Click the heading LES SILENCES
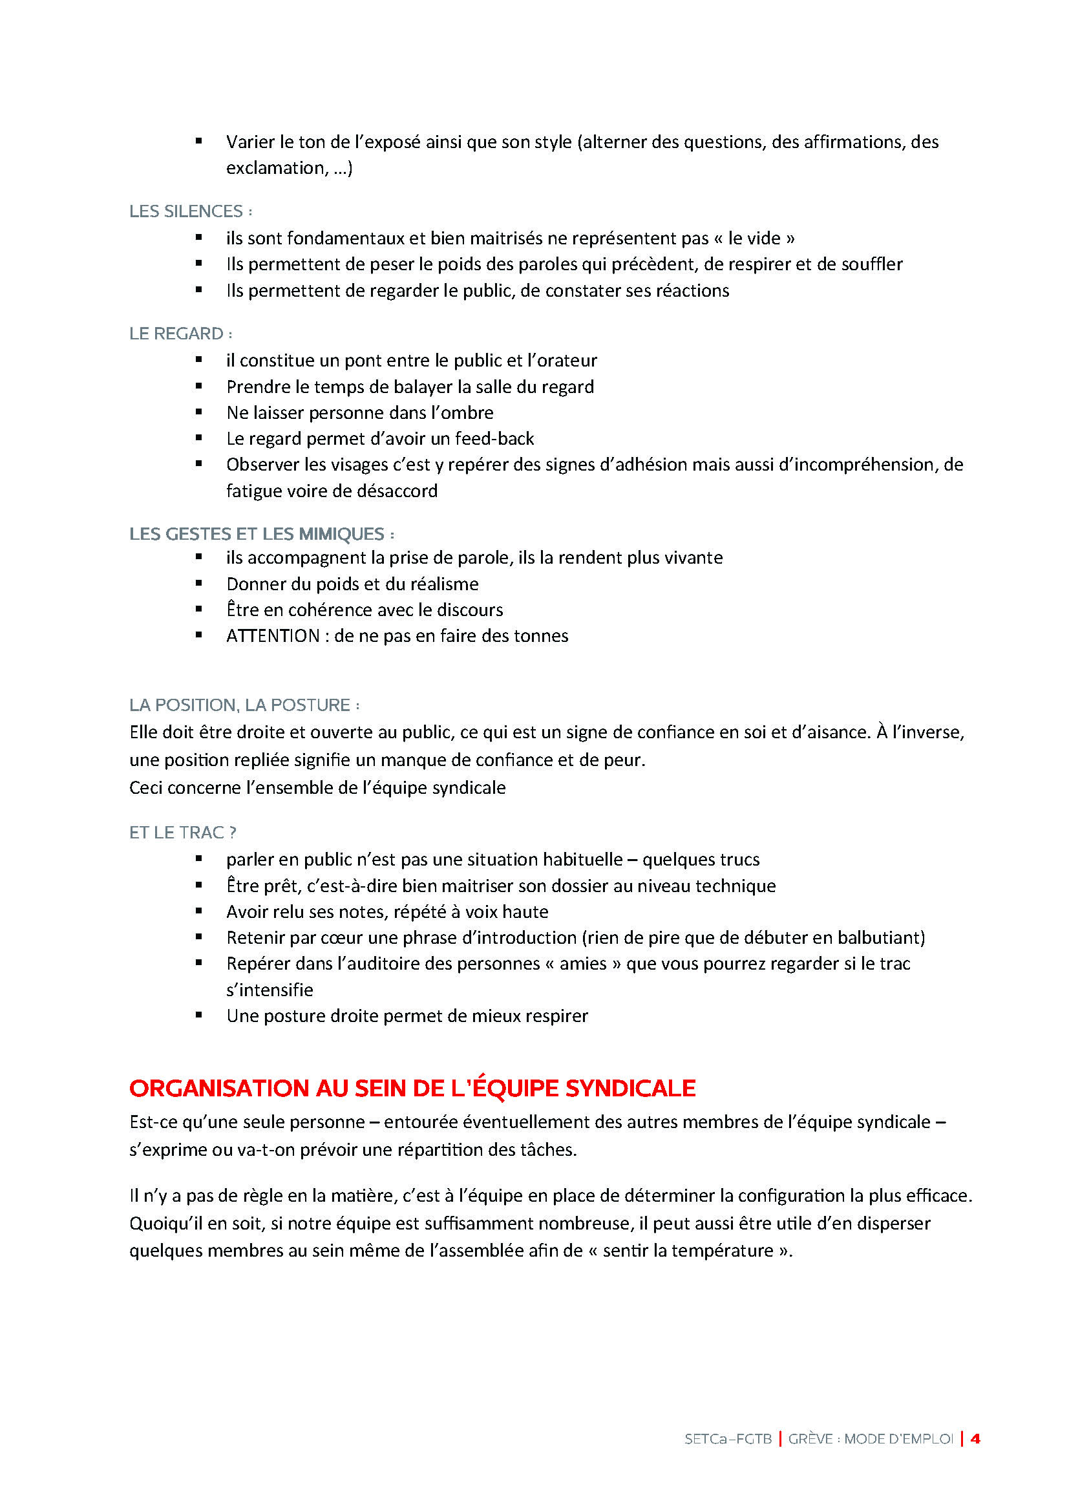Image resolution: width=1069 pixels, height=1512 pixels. (186, 211)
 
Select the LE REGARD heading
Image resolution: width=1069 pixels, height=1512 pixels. (176, 334)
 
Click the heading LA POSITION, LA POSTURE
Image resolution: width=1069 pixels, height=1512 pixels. (240, 705)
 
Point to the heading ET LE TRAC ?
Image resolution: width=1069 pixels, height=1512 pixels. (182, 833)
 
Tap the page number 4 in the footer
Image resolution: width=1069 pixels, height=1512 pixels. (975, 1439)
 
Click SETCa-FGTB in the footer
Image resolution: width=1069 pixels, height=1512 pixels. (727, 1440)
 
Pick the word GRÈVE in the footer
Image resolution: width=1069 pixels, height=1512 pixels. (809, 1440)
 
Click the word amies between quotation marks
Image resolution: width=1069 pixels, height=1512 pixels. (582, 964)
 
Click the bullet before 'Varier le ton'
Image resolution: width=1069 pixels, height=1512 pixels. (199, 140)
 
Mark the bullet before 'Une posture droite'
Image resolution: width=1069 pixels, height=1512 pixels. (199, 1015)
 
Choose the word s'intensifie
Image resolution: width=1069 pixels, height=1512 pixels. (270, 990)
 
